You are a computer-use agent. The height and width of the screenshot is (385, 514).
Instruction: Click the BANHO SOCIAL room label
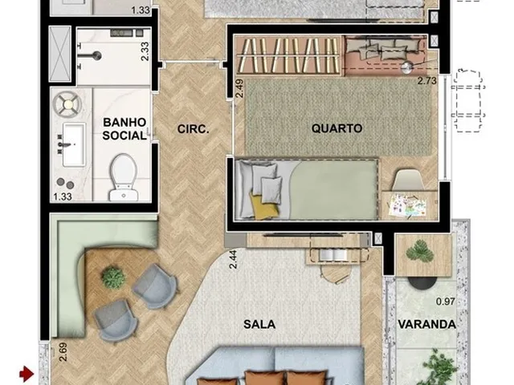124,129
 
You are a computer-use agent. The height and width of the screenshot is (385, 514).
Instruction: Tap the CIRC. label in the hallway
193,129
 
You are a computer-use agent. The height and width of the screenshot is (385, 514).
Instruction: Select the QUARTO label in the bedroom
337,128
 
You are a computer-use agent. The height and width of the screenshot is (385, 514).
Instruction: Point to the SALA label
259,324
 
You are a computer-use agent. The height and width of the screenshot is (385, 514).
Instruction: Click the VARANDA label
426,324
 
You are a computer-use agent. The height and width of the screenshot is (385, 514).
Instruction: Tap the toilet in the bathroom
124,177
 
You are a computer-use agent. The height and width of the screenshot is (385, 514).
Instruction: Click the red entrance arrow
27,373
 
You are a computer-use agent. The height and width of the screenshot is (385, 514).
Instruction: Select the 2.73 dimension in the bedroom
427,80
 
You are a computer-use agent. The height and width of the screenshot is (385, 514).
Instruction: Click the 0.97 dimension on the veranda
446,302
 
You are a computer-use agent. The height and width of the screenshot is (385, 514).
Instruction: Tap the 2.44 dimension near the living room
233,259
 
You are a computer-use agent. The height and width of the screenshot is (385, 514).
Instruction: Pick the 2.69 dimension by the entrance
63,352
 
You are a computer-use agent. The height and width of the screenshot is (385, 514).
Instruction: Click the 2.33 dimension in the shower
145,51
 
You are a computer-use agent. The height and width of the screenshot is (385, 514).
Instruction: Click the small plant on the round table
113,278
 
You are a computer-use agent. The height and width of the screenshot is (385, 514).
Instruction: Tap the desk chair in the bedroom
408,180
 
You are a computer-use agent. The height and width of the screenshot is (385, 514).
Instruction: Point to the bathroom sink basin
74,144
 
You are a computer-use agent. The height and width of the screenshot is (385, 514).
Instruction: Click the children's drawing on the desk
407,205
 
